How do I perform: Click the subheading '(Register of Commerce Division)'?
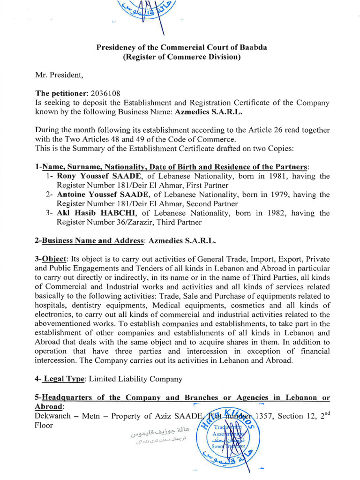(181, 57)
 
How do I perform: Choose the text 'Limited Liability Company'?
(135, 379)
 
